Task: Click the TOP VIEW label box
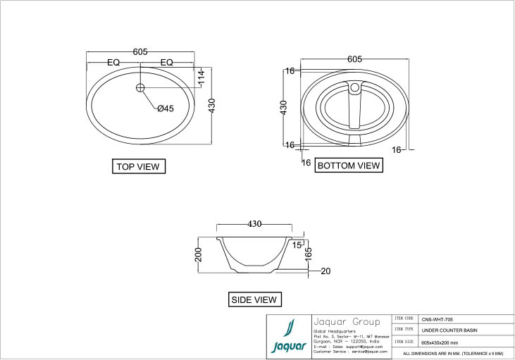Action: coord(139,167)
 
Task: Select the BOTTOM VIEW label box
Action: coord(349,166)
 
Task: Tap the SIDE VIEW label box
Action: coord(255,299)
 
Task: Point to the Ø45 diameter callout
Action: coord(165,108)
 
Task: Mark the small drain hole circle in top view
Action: coord(139,87)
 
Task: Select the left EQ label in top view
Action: coord(113,63)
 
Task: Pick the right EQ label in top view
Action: coord(166,63)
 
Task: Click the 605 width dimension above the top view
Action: coord(139,52)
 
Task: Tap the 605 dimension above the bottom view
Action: coord(355,60)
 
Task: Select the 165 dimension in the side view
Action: coord(309,257)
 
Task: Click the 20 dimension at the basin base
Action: coord(325,271)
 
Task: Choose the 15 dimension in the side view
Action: coord(297,245)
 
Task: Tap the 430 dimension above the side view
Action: coord(254,224)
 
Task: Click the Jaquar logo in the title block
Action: coord(288,337)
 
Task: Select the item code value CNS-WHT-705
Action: coord(437,319)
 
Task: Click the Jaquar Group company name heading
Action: coord(346,321)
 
